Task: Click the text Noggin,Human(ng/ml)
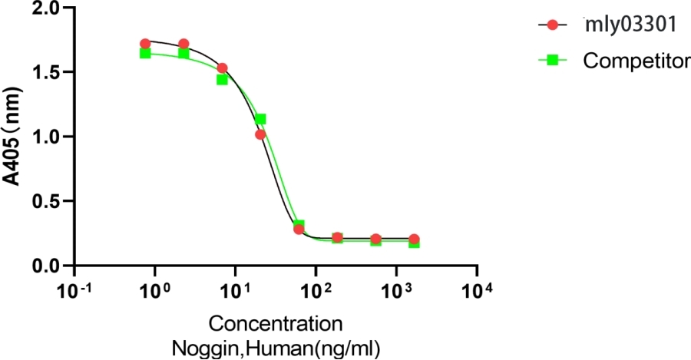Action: pos(276,346)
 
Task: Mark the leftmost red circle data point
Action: pos(145,44)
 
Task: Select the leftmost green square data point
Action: pos(145,53)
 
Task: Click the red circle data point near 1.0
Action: pos(260,134)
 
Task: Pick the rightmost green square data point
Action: pos(414,243)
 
